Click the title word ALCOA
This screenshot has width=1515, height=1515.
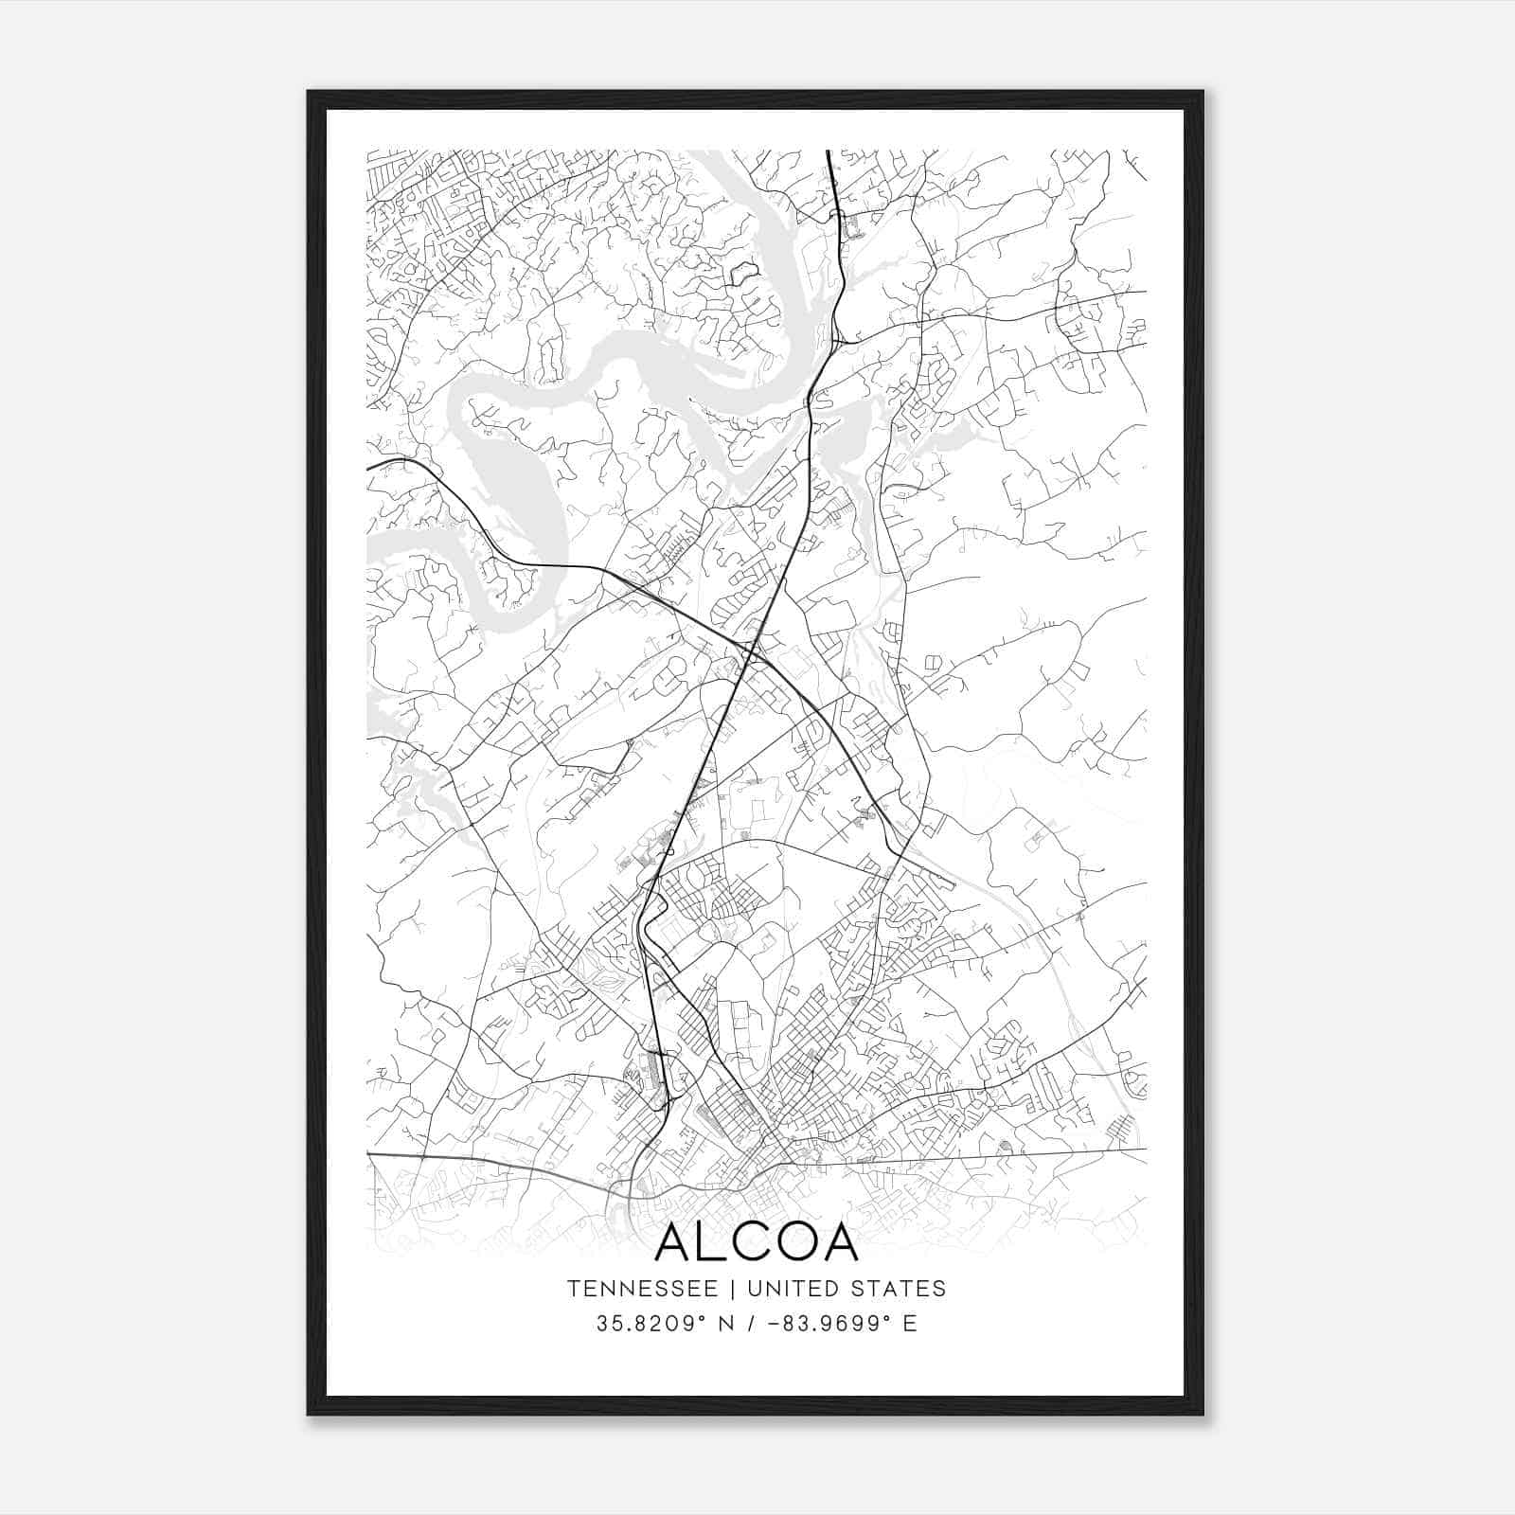click(x=757, y=1242)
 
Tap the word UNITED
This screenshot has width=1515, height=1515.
click(x=793, y=1289)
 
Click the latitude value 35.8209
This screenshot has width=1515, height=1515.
click(x=640, y=1323)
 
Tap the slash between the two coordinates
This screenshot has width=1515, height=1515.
click(x=750, y=1323)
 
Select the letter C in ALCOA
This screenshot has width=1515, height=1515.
click(x=754, y=1242)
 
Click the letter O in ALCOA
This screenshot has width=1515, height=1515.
click(x=796, y=1242)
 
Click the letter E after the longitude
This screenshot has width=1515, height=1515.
click(x=910, y=1323)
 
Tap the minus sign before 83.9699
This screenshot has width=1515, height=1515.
click(x=775, y=1323)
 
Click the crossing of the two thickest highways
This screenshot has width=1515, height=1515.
click(x=751, y=651)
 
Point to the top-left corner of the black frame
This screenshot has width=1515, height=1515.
click(x=308, y=92)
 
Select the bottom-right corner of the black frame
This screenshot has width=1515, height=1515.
click(x=1203, y=1415)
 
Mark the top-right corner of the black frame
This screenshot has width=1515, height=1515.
click(x=1203, y=92)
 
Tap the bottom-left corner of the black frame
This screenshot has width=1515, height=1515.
click(x=308, y=1415)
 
